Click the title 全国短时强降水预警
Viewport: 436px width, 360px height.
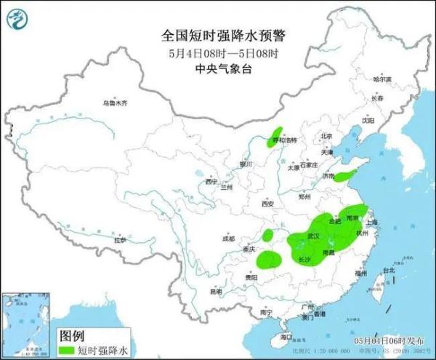tap(217, 34)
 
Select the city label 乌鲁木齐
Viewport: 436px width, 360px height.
tap(114, 103)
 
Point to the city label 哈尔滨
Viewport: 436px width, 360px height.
tap(381, 79)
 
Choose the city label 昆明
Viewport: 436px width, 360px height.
tap(216, 291)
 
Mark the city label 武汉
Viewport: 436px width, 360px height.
tap(314, 236)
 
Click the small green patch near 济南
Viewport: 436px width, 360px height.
tap(347, 175)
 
